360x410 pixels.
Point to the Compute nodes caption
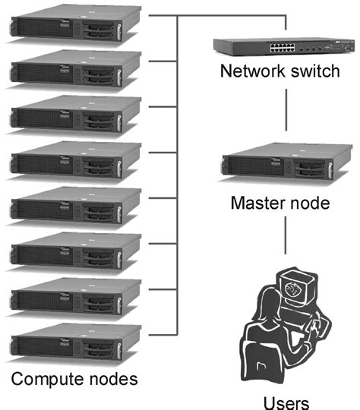point(74,377)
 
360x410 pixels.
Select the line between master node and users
point(285,239)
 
